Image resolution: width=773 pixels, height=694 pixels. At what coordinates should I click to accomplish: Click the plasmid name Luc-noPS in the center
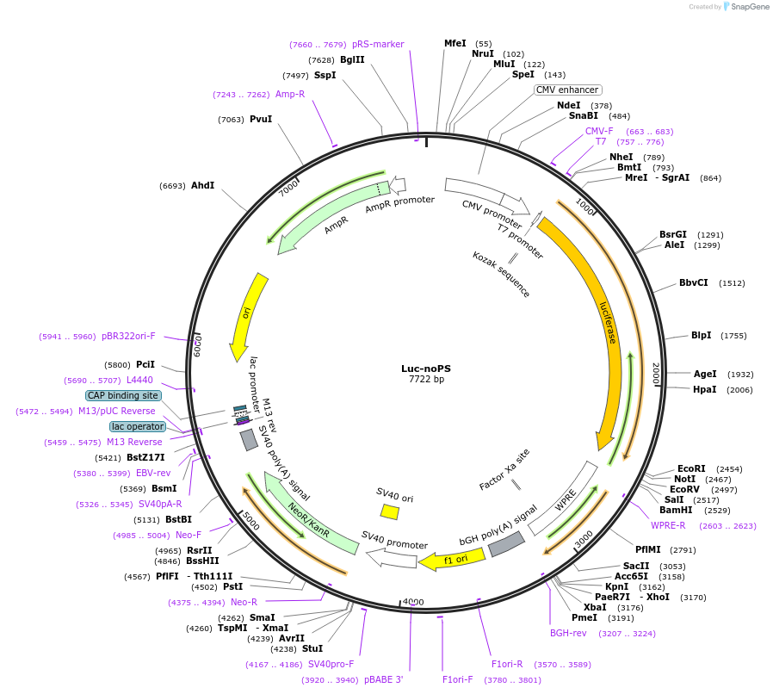click(425, 369)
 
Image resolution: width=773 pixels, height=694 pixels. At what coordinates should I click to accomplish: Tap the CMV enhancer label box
click(567, 90)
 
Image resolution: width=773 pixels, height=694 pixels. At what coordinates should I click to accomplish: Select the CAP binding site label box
click(123, 395)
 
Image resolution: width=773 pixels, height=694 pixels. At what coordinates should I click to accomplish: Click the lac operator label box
click(137, 426)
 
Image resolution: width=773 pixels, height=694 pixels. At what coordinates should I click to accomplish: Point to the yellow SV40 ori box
click(390, 511)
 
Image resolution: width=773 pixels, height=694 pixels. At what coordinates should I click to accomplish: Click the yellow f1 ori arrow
click(451, 559)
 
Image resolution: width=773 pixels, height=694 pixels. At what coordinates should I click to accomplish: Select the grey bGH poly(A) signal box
click(506, 543)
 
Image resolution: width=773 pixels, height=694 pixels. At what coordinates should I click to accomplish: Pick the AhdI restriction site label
click(202, 185)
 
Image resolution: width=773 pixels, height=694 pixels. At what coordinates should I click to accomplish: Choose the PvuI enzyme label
click(261, 120)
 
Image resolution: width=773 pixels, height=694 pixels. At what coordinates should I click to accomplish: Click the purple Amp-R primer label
click(290, 94)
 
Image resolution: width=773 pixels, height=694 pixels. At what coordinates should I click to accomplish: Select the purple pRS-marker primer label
click(378, 44)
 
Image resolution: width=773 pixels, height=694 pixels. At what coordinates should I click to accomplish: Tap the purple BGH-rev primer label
click(568, 633)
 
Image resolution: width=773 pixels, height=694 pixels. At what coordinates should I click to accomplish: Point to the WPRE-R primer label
click(668, 525)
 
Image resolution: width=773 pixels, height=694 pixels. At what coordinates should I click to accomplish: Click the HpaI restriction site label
click(705, 389)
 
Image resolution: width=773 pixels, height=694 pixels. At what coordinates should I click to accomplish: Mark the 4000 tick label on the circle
click(413, 602)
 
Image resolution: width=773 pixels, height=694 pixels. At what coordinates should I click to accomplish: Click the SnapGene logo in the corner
click(746, 7)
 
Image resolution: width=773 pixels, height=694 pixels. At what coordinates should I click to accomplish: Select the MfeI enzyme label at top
click(455, 43)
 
